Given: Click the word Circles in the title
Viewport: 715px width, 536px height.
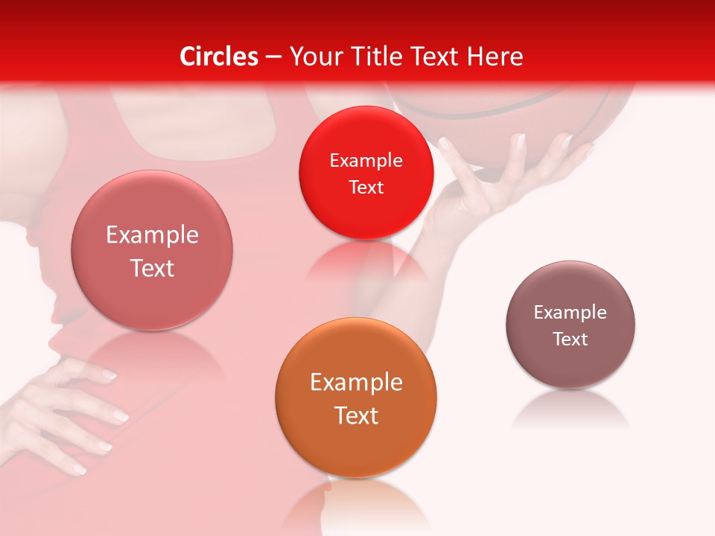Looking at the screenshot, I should pos(218,57).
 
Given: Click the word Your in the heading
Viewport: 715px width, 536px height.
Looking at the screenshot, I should pos(314,57).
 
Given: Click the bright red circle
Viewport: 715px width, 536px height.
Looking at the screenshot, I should pos(366,173).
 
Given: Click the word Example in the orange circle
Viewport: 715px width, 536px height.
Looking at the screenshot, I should pos(356,383).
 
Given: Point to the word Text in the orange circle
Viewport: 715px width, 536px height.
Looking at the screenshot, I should pos(356,415).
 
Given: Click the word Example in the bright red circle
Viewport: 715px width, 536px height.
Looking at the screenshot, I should pos(366,161).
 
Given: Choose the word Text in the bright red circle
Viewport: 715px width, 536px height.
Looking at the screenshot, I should pos(366,188).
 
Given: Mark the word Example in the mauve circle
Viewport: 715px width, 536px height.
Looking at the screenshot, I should pos(571,313).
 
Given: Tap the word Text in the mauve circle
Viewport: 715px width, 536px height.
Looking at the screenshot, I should pos(571,339).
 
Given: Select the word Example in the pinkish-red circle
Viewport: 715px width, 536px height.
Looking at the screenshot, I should pos(152,235).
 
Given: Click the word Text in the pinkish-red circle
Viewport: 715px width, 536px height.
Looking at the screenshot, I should pos(152,268).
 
